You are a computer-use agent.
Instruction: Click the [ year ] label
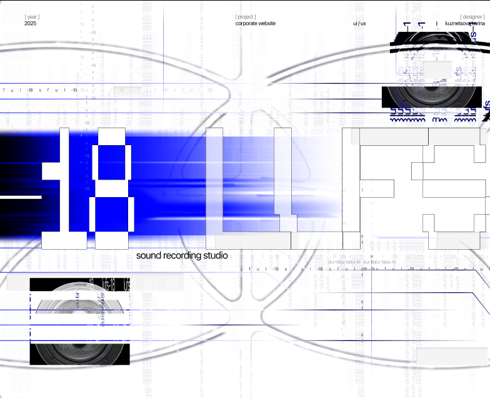32,17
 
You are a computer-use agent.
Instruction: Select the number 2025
31,24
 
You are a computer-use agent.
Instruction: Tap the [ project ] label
246,17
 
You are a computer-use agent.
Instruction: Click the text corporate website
255,24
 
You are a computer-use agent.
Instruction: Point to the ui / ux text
359,24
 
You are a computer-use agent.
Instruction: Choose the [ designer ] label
472,17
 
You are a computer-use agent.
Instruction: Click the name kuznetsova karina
465,24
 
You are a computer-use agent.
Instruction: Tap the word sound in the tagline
149,256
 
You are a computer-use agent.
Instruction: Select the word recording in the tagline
182,256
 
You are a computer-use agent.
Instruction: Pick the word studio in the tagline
215,256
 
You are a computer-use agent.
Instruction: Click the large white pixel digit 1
64,188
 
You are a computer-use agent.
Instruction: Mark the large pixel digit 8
112,188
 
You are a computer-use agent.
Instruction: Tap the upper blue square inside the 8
112,162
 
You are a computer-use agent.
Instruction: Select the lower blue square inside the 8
112,213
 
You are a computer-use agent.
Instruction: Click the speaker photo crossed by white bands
79,322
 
